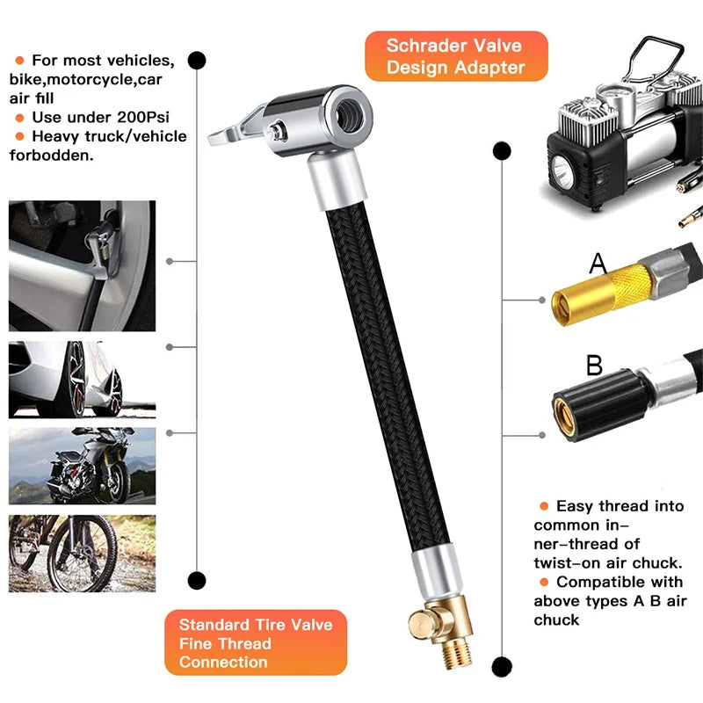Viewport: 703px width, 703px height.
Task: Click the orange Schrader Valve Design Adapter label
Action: pyautogui.click(x=454, y=56)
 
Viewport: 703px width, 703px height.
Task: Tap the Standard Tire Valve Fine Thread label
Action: pyautogui.click(x=256, y=642)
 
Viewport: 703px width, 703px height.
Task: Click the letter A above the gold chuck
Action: pyautogui.click(x=598, y=263)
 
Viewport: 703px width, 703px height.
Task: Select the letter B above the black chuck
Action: pyautogui.click(x=595, y=364)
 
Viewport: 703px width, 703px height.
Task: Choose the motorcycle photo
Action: pyautogui.click(x=82, y=466)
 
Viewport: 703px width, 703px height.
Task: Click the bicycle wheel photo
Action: pyautogui.click(x=82, y=554)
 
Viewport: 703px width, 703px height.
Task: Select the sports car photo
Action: pyautogui.click(x=82, y=380)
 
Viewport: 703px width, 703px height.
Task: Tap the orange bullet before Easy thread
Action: pyautogui.click(x=544, y=506)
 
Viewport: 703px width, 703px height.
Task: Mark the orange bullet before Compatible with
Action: pyautogui.click(x=544, y=582)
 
